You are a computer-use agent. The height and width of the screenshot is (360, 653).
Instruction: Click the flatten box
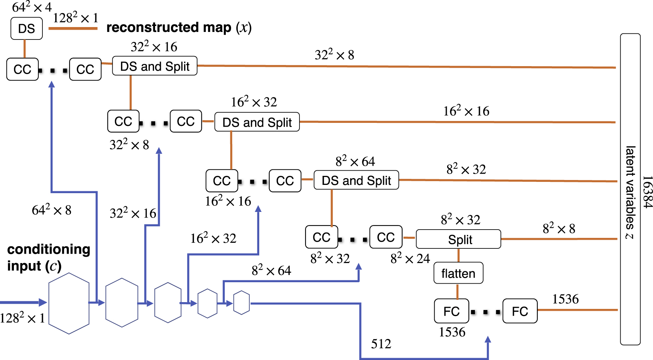(458, 273)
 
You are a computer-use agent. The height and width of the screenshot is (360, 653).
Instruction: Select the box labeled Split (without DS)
(458, 239)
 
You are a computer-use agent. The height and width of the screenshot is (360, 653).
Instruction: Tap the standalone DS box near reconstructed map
(26, 29)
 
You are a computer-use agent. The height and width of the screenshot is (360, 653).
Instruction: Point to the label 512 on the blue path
(381, 344)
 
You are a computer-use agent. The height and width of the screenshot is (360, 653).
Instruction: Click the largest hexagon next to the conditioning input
(69, 303)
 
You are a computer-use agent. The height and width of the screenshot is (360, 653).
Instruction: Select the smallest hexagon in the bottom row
(242, 303)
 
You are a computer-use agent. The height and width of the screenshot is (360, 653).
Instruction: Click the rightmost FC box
(520, 311)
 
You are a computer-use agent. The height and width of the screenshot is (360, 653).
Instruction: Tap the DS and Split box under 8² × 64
(356, 180)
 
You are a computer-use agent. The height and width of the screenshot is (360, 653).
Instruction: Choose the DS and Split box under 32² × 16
(155, 66)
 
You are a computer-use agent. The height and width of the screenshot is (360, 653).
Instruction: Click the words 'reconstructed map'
(169, 27)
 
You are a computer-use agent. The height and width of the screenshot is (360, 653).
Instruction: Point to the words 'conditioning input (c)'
(48, 257)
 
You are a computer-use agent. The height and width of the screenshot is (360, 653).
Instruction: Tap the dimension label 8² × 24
(410, 259)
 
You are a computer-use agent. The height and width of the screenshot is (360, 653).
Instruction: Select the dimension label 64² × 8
(51, 210)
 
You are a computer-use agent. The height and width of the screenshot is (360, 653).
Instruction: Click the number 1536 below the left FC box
(452, 332)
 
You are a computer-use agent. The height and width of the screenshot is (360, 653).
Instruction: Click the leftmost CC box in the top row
(23, 70)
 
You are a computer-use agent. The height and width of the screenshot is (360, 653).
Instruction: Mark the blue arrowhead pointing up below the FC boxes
(488, 340)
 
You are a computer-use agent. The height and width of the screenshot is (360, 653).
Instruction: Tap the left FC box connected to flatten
(451, 311)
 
